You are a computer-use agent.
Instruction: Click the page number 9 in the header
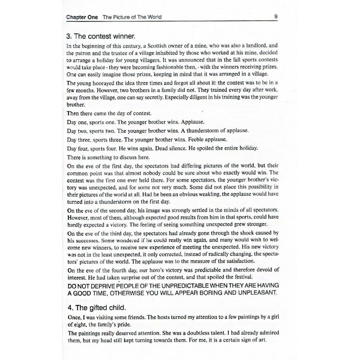(x=275, y=17)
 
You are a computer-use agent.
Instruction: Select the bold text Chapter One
(x=82, y=17)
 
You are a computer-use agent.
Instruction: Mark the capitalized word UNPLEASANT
(x=254, y=292)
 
